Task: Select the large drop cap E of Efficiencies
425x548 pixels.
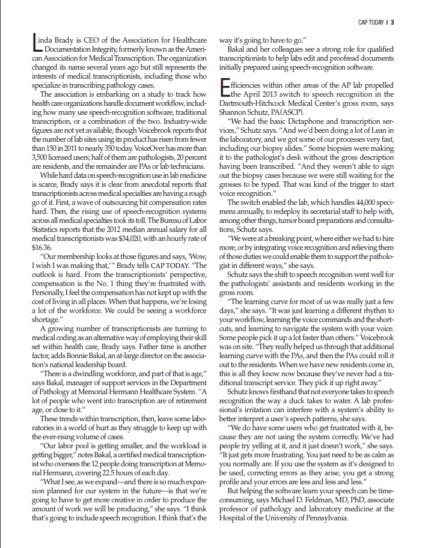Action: coord(225,88)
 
